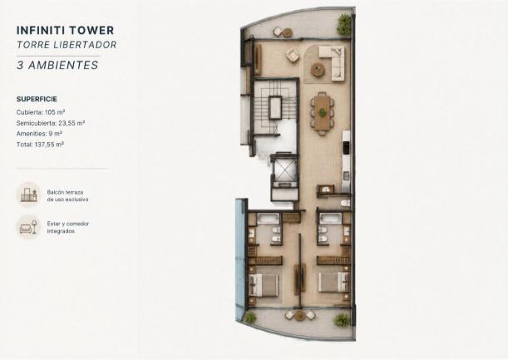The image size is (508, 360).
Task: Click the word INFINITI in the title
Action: (40, 31)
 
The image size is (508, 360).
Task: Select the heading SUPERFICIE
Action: (37, 99)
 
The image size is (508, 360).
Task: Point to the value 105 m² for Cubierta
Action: (55, 112)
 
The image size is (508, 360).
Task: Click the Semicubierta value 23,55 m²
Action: (72, 123)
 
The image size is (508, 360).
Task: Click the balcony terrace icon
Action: (29, 195)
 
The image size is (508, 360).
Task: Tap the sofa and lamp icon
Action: (29, 227)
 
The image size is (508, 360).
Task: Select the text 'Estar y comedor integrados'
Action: (68, 227)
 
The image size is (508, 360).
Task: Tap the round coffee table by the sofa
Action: (318, 69)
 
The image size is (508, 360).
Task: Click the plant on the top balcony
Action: (343, 25)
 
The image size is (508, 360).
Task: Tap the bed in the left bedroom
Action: (264, 285)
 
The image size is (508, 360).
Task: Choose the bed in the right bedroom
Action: (333, 282)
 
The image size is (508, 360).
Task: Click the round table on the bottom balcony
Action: (300, 316)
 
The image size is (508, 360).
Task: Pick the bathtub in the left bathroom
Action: (269, 219)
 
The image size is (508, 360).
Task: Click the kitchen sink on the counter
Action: (346, 175)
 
